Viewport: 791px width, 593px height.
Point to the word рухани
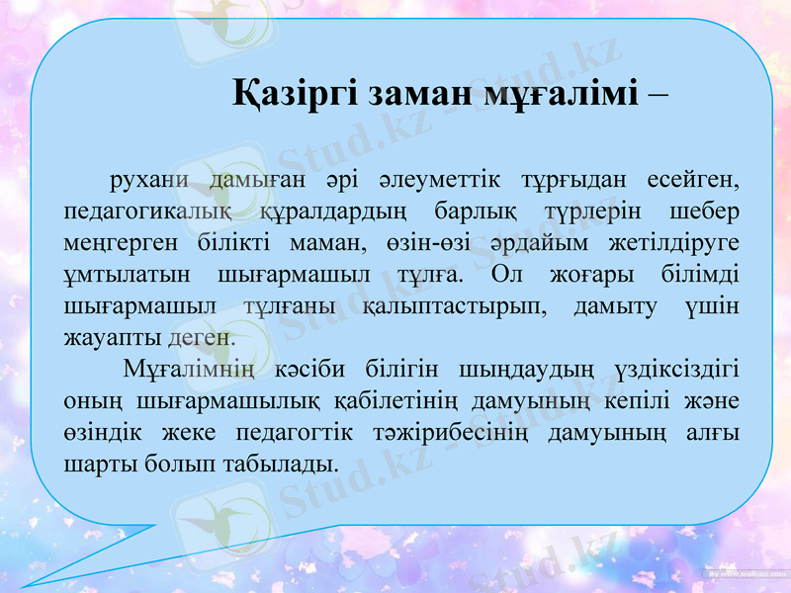pyautogui.click(x=149, y=181)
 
